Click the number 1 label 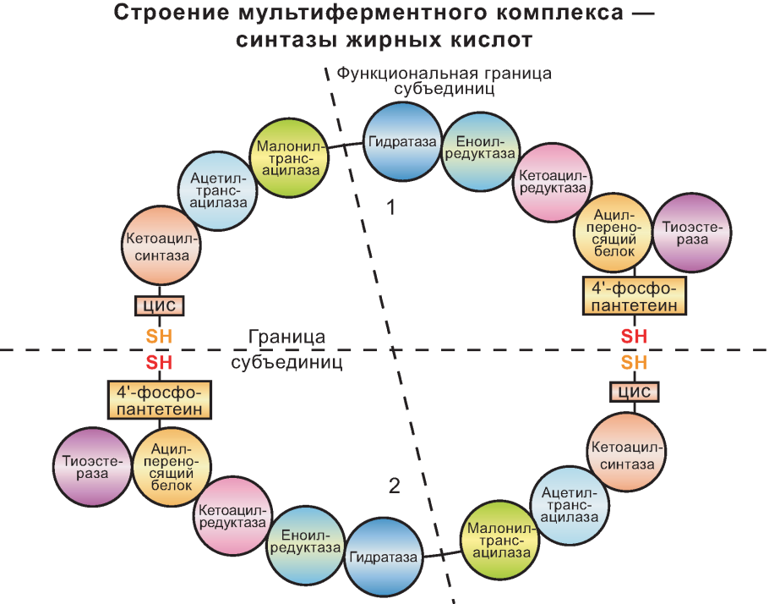[391, 207]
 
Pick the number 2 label [394, 486]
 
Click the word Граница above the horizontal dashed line [287, 336]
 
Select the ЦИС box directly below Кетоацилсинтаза [160, 305]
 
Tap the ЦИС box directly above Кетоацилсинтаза [634, 392]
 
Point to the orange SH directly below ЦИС [159, 336]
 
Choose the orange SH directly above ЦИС [634, 363]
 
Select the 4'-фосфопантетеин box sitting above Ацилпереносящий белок [159, 400]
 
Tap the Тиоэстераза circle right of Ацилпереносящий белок [695, 233]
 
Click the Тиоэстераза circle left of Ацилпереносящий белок [91, 466]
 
